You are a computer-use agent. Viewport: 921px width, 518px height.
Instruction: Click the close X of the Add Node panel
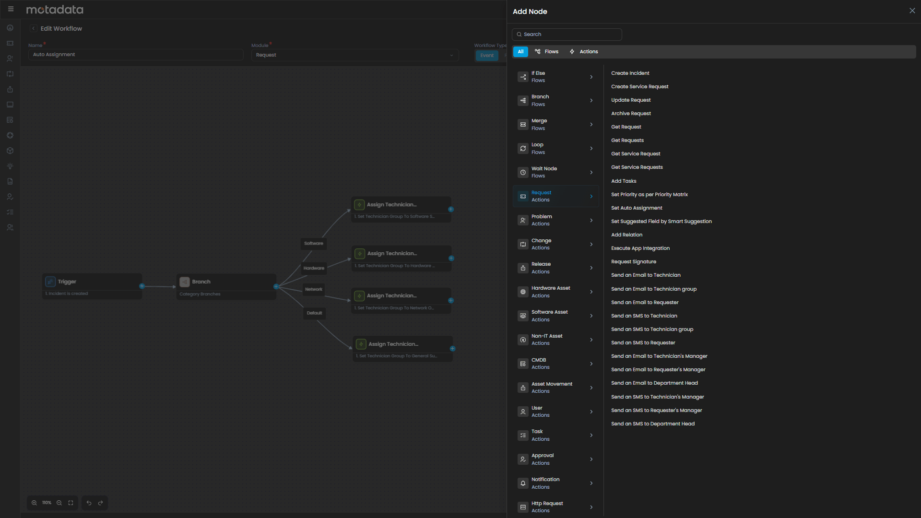pyautogui.click(x=912, y=11)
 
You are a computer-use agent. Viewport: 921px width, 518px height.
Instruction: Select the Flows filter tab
pyautogui.click(x=547, y=52)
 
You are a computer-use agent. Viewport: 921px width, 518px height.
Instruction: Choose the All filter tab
pyautogui.click(x=520, y=52)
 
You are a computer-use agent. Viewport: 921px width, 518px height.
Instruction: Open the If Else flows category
pyautogui.click(x=555, y=77)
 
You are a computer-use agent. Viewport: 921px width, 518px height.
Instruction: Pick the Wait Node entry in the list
pyautogui.click(x=555, y=172)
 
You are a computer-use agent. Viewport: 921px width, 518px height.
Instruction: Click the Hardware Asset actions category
pyautogui.click(x=555, y=292)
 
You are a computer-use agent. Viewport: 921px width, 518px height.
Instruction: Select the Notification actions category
pyautogui.click(x=555, y=483)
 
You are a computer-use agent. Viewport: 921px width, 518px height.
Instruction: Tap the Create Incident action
pyautogui.click(x=630, y=73)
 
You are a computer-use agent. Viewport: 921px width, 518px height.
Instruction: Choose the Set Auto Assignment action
pyautogui.click(x=637, y=208)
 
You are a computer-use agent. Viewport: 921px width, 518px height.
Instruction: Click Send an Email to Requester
pyautogui.click(x=645, y=303)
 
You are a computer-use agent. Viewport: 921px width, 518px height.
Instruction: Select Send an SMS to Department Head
pyautogui.click(x=652, y=424)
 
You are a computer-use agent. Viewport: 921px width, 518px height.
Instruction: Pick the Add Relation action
pyautogui.click(x=626, y=235)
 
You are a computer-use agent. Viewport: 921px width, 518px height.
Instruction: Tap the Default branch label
pyautogui.click(x=314, y=313)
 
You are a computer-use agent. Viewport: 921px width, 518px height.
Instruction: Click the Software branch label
pyautogui.click(x=314, y=244)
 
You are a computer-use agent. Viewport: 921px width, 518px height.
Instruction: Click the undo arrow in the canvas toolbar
pyautogui.click(x=89, y=503)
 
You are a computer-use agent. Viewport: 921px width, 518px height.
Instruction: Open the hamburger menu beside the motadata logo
pyautogui.click(x=11, y=9)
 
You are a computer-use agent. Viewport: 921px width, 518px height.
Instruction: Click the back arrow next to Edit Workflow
pyautogui.click(x=33, y=29)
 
